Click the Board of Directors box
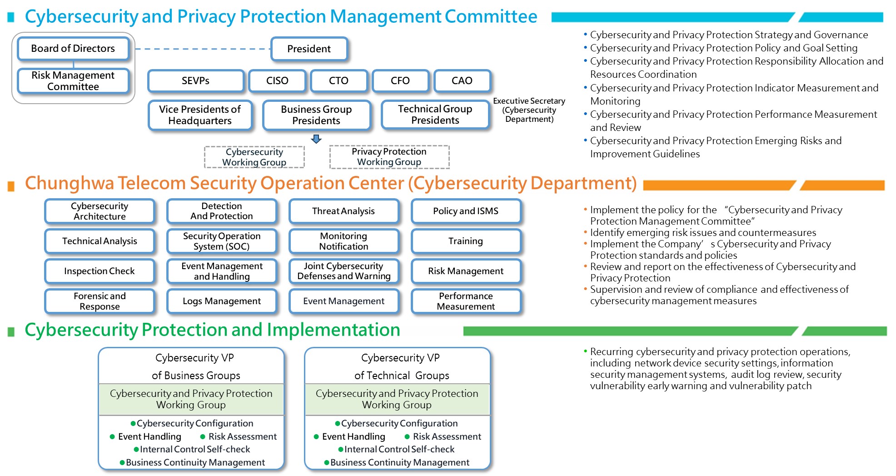point(73,49)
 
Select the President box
point(309,49)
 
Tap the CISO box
point(277,81)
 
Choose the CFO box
point(400,81)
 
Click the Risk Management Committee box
point(73,81)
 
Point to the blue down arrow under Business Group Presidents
point(316,139)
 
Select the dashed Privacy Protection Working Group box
point(389,157)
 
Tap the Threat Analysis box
point(343,211)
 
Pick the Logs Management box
point(222,301)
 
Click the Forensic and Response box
point(100,301)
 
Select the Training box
point(466,241)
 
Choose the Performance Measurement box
point(466,301)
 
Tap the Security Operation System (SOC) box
point(222,241)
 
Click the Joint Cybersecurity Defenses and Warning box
point(343,271)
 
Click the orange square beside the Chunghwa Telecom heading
point(11,186)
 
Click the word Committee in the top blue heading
point(491,17)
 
